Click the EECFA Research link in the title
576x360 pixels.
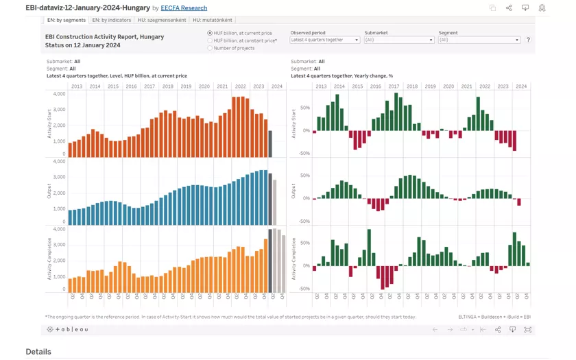tap(184, 8)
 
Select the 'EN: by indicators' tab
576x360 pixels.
tap(112, 21)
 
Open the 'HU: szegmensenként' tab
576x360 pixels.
tap(162, 21)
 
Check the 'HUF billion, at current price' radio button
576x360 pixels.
tap(210, 33)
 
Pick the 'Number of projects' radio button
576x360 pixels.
tap(210, 48)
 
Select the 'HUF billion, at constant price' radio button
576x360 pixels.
tap(210, 40)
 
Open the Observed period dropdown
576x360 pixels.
tap(325, 40)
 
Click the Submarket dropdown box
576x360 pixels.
tap(399, 40)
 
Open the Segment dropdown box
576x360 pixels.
tap(479, 40)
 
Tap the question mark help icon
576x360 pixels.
tap(528, 40)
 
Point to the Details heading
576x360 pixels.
tap(38, 351)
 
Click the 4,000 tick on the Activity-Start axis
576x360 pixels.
tap(59, 93)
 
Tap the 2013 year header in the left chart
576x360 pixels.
tap(77, 86)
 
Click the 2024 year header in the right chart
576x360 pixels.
tap(521, 86)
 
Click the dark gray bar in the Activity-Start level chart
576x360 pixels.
tap(270, 144)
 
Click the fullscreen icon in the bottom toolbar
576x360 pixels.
tap(527, 330)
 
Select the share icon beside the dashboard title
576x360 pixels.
tap(509, 8)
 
